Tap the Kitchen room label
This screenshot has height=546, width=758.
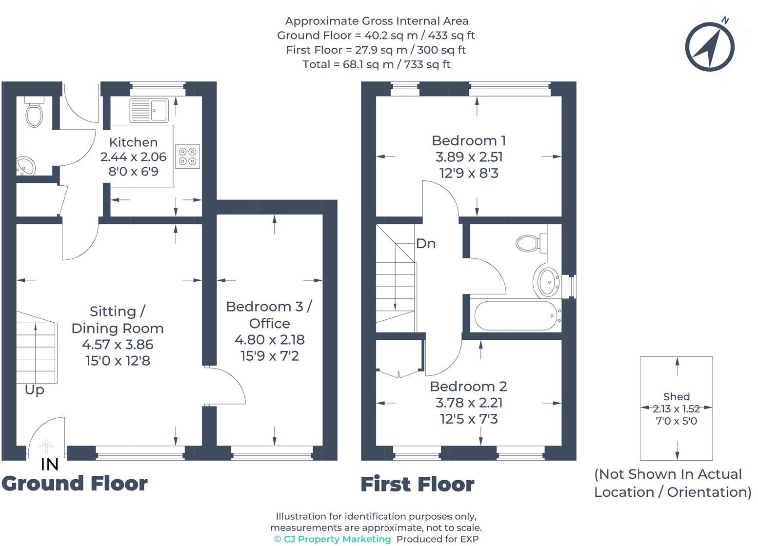tap(133, 142)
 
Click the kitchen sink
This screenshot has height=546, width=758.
tap(149, 110)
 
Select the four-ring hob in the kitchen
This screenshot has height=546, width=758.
tap(187, 156)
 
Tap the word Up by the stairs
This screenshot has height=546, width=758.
tap(35, 390)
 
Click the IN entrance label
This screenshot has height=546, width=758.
tap(49, 465)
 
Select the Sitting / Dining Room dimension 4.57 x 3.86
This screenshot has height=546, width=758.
tap(118, 345)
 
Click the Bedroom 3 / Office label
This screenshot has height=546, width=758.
tap(269, 315)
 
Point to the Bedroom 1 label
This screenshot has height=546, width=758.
tap(469, 141)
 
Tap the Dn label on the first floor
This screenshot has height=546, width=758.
tap(425, 244)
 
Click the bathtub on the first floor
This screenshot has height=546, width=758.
tap(516, 315)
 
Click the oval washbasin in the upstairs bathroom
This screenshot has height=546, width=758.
tap(547, 281)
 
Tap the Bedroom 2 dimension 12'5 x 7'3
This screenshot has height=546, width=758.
tap(469, 419)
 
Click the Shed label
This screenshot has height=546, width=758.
tap(676, 396)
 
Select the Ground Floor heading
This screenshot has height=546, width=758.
tap(75, 484)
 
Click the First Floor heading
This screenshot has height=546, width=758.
tap(418, 485)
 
